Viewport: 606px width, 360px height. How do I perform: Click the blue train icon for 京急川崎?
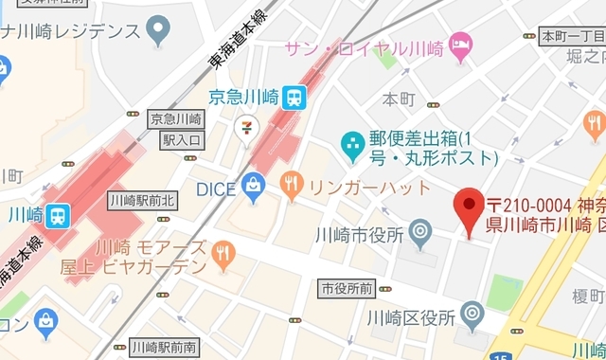tap(294, 97)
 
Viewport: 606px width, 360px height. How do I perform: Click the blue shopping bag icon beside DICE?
tap(253, 188)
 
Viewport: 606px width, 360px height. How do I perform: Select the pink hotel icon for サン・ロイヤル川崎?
tap(459, 44)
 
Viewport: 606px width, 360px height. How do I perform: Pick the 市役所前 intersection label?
tap(346, 287)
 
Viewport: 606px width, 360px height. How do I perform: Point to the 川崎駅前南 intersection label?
tap(165, 346)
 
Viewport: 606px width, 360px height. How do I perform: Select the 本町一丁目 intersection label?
tap(571, 37)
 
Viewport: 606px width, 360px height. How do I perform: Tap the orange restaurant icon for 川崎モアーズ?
tap(223, 253)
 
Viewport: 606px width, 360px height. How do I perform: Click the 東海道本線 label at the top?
tap(237, 46)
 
